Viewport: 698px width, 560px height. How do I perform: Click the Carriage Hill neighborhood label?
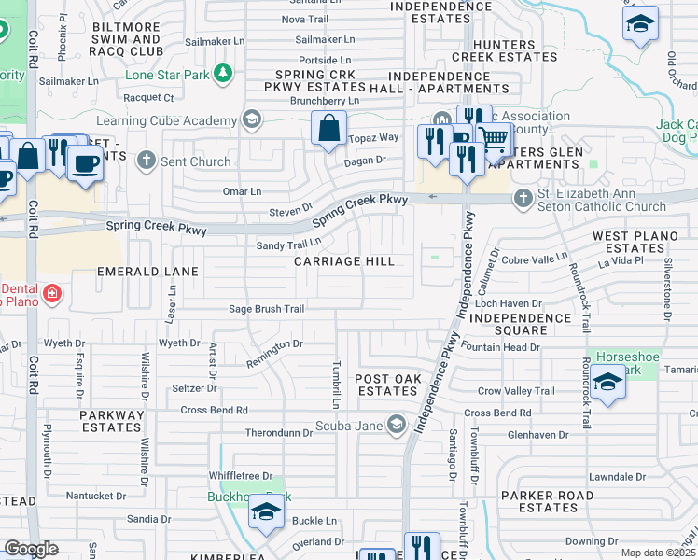344,261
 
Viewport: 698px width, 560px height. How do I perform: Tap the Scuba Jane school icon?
398,425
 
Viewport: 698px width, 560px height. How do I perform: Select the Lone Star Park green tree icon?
222,73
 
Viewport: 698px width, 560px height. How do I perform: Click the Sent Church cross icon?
146,161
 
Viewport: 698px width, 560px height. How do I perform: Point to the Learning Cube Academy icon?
250,120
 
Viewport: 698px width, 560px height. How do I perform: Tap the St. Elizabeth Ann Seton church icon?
523,199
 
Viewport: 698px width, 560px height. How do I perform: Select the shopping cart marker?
495,139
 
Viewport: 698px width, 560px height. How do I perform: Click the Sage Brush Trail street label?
267,309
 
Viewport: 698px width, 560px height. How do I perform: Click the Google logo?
31,549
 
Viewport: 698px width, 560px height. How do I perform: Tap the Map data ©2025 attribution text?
658,553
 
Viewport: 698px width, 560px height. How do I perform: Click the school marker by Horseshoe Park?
607,383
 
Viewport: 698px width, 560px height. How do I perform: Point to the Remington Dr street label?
274,354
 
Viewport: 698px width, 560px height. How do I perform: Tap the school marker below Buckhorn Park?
266,511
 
